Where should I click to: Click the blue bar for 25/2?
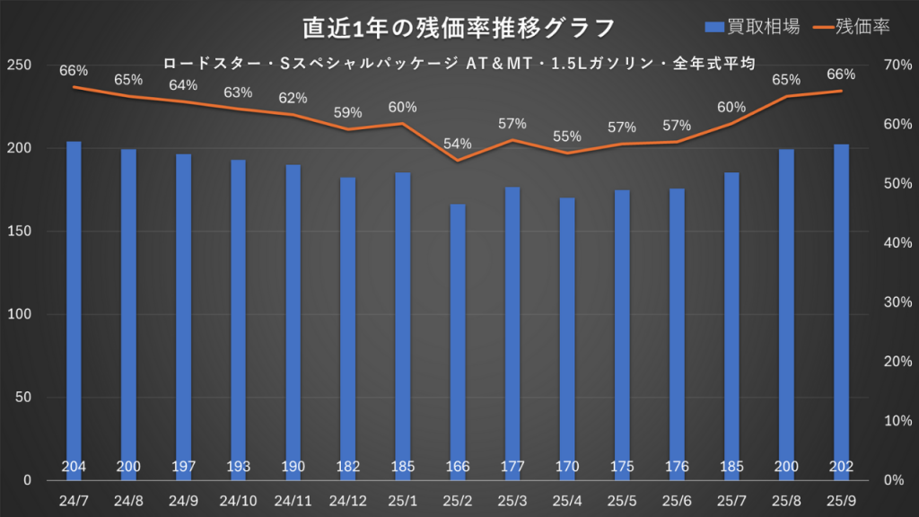point(458,341)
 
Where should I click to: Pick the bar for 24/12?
point(348,328)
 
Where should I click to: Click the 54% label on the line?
point(458,144)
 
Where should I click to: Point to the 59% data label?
point(348,113)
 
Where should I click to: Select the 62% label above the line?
point(293,98)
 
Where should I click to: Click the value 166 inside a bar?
point(458,467)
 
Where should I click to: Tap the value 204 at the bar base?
point(74,467)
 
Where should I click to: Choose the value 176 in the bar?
point(677,467)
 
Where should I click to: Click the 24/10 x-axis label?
point(239,498)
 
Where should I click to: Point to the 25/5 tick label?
point(622,498)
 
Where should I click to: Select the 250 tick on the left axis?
point(20,65)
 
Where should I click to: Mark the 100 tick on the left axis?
point(20,314)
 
